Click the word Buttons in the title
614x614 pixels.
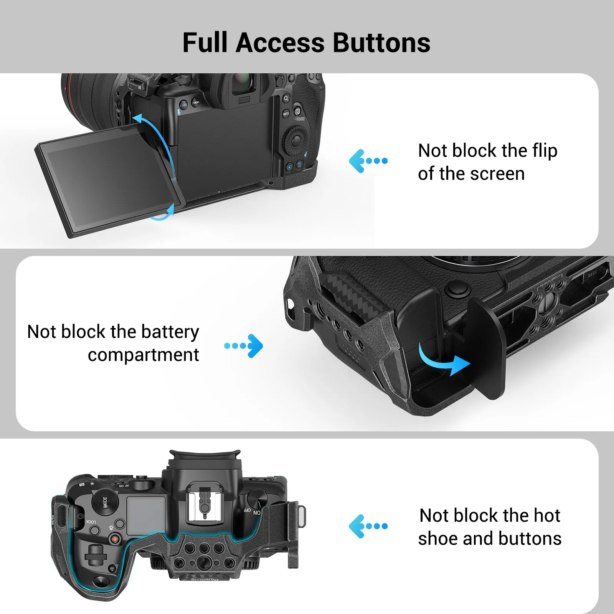pyautogui.click(x=381, y=43)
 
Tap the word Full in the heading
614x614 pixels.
pyautogui.click(x=205, y=43)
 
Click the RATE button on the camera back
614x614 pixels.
pyautogui.click(x=184, y=105)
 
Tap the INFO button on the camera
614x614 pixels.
pyautogui.click(x=286, y=114)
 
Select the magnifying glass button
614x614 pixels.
pyautogui.click(x=286, y=99)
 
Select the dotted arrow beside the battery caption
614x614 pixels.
pyautogui.click(x=244, y=346)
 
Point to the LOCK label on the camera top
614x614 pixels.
pyautogui.click(x=91, y=522)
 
